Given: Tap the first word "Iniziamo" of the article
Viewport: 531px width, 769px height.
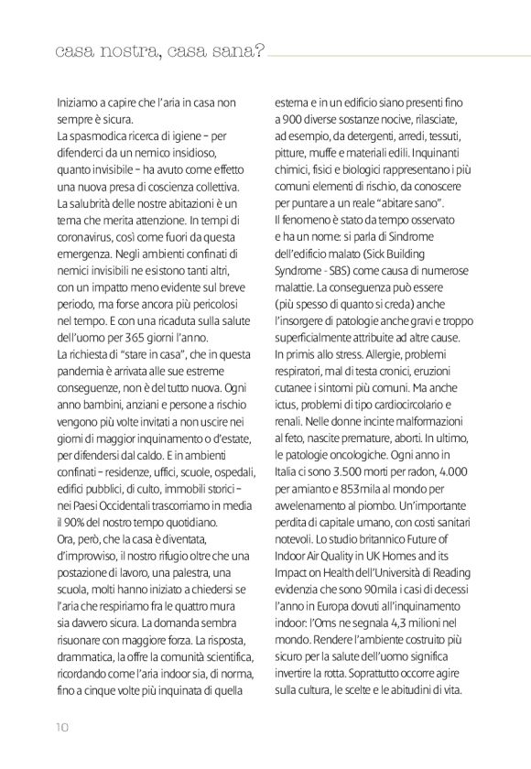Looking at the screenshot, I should click(x=80, y=103).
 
